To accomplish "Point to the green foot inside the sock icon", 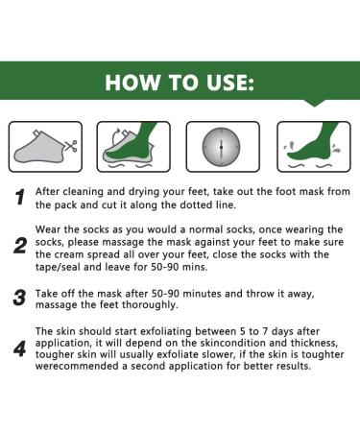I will (x=135, y=144).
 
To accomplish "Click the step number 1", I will (x=18, y=198).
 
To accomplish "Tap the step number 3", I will (x=18, y=298).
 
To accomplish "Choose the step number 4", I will (x=18, y=348).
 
